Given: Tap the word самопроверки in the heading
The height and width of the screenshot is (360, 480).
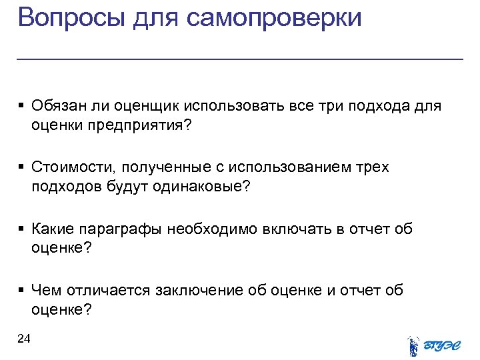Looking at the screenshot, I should point(274,17).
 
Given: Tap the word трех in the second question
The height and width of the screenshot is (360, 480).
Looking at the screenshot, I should point(372,167).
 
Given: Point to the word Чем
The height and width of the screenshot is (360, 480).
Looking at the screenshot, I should point(45,291).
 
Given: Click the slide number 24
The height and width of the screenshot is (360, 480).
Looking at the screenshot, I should point(24,339).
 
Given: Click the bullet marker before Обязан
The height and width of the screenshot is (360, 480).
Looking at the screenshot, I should point(22,107).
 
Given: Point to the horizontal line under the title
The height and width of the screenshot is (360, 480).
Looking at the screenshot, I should point(240,59).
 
